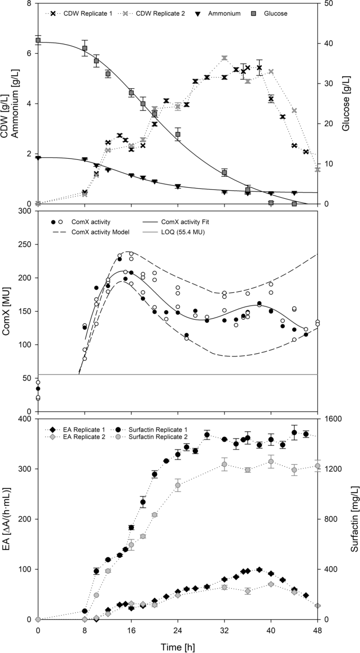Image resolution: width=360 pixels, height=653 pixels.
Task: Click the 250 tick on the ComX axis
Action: (25, 244)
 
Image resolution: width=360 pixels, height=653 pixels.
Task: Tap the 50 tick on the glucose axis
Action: (328, 4)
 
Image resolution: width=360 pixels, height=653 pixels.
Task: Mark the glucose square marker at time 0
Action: (38, 40)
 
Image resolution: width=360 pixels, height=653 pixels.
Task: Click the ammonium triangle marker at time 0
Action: (38, 158)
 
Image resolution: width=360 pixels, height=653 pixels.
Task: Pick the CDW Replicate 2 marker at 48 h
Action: (317, 169)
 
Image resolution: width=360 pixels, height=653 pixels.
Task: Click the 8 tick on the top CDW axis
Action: (28, 4)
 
